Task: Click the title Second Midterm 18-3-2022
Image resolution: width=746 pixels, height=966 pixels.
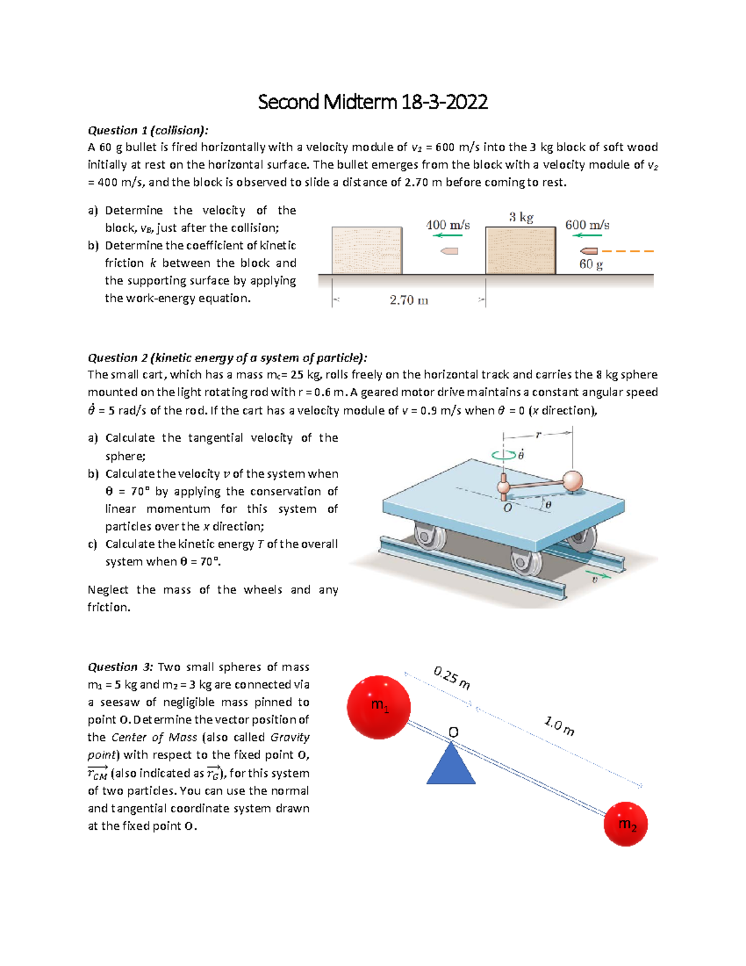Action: coord(372,102)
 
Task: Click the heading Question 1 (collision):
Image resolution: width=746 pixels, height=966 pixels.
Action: coord(147,130)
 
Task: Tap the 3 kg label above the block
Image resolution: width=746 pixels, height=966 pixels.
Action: coord(521,217)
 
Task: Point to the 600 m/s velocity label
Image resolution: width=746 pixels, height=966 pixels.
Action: coord(587,225)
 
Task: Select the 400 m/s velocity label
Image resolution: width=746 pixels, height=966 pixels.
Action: coord(448,225)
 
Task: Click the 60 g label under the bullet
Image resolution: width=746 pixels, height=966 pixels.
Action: coord(591,264)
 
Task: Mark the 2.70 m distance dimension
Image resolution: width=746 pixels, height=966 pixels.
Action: coord(408,300)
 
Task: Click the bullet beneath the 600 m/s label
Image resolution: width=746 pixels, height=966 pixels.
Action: coord(589,251)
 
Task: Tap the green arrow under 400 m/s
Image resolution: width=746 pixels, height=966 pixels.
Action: coord(448,236)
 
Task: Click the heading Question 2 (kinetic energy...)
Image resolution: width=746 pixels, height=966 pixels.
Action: coord(227,358)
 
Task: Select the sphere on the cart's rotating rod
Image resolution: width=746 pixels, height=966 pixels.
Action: coord(573,480)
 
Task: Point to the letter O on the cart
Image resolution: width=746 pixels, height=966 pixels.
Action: coord(507,508)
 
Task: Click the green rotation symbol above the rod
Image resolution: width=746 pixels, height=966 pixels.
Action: coord(504,455)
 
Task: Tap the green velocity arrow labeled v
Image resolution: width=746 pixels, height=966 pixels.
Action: coord(600,576)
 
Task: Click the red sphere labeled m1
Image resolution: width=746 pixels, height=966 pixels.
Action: coord(379,707)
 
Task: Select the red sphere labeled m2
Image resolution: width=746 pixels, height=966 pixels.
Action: coord(625,824)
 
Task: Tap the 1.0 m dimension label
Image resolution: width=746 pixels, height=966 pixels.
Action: coord(559,726)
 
